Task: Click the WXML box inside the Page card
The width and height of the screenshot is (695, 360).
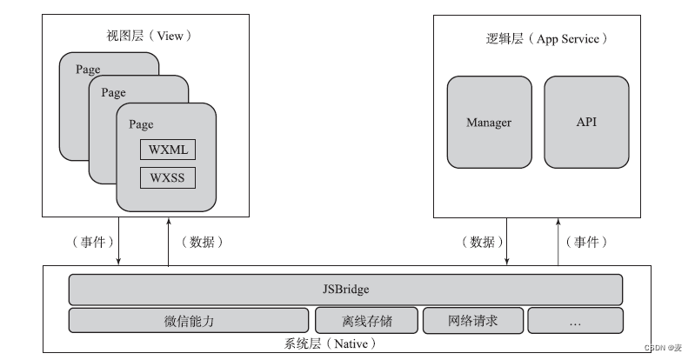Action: pos(168,149)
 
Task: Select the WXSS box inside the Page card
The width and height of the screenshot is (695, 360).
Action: pos(168,177)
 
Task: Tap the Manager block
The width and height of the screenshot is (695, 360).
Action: pos(488,122)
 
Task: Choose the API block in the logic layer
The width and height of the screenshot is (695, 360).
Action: pos(586,122)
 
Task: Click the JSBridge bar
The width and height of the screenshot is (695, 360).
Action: pos(345,289)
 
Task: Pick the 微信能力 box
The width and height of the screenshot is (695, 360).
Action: pos(189,321)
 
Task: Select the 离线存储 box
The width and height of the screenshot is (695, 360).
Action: pos(366,321)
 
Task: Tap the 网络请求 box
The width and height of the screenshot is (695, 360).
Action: pos(472,321)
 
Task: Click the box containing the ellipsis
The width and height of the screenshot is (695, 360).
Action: pos(575,321)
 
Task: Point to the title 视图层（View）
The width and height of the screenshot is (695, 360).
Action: pos(148,37)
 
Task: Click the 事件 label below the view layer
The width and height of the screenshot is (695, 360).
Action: pos(87,242)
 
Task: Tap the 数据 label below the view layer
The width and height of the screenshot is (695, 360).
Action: pos(202,242)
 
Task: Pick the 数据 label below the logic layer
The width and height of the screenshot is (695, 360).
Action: pos(478,242)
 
